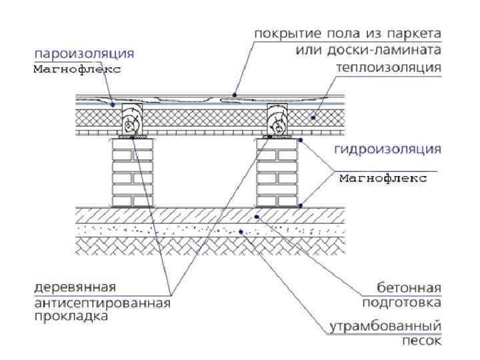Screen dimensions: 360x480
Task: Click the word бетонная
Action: coord(407,289)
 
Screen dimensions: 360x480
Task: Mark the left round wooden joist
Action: coord(133,122)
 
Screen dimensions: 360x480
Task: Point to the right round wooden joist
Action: coord(277,122)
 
